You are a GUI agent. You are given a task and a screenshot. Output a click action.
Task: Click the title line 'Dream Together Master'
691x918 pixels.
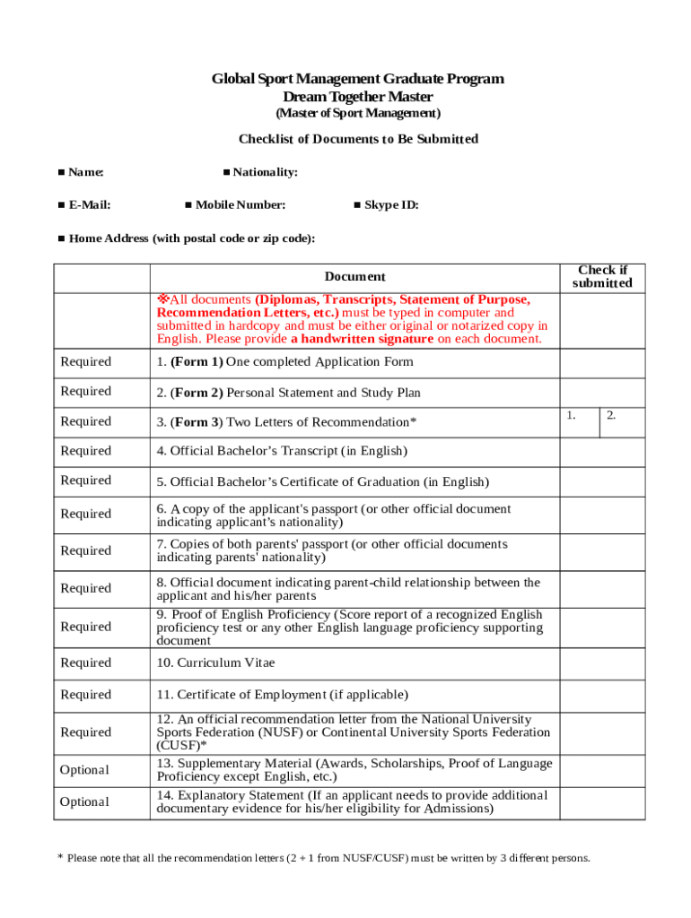[357, 97]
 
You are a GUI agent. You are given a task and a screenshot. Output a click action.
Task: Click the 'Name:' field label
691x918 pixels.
[86, 172]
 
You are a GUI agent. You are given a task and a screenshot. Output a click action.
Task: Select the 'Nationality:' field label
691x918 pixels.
[265, 172]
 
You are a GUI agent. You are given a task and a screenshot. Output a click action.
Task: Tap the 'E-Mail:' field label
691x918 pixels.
[90, 205]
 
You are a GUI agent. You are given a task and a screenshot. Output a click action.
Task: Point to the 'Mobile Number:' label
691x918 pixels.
[241, 205]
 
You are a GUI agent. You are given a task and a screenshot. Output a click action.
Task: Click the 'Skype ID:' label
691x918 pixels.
[391, 205]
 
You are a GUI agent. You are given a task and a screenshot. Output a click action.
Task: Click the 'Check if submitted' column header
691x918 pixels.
[602, 277]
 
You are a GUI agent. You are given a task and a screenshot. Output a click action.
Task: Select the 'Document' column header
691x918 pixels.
[354, 278]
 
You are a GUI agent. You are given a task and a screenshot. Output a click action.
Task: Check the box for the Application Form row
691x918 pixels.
[602, 362]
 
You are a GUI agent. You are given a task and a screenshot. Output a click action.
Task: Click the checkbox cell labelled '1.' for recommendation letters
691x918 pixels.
[579, 422]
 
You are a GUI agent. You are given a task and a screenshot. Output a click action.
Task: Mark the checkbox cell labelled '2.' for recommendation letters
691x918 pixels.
[622, 422]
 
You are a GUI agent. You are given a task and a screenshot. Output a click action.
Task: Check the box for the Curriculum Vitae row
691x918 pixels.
[602, 663]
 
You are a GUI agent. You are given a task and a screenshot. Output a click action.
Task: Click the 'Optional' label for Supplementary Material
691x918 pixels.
[84, 770]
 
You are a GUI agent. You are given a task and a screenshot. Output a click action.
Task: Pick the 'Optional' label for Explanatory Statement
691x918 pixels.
[84, 802]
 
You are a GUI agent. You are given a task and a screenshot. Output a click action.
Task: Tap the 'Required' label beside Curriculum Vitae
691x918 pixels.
[86, 663]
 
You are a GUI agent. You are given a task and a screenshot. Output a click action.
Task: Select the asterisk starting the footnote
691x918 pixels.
[60, 859]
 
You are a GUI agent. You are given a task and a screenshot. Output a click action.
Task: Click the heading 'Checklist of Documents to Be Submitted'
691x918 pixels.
[358, 139]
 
